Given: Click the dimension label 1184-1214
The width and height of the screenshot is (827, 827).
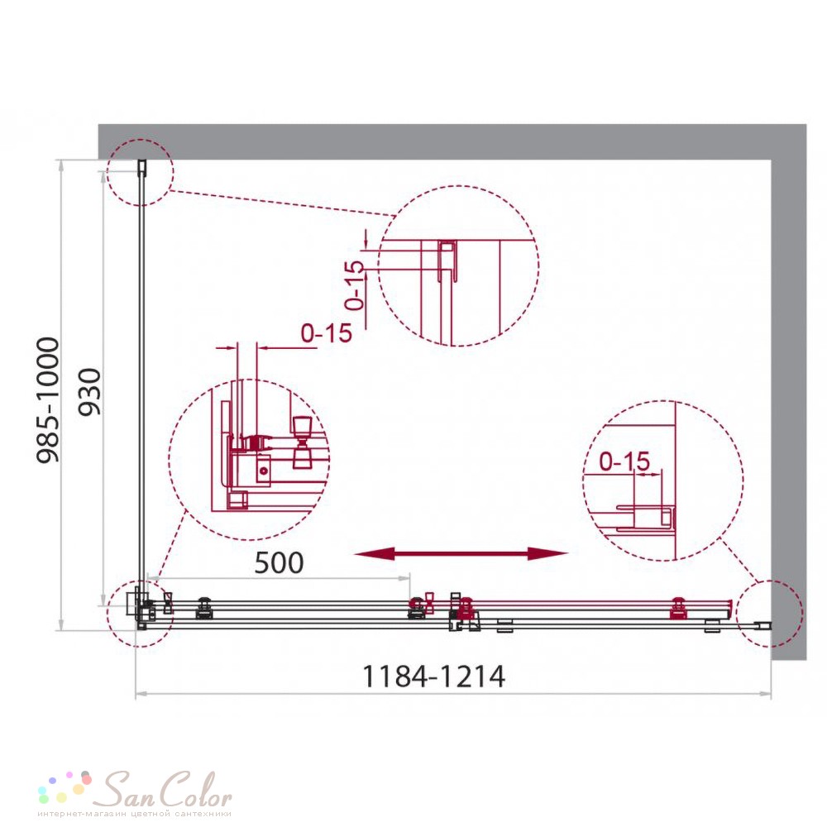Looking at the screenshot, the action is (x=433, y=676).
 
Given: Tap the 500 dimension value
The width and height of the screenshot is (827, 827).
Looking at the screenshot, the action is (x=279, y=562).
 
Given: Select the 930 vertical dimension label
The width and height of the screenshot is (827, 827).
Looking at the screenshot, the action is (x=89, y=392).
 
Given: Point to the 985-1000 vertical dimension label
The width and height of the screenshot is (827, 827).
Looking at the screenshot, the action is (x=48, y=399).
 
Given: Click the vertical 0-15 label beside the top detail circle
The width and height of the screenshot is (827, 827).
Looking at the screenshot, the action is (x=356, y=284).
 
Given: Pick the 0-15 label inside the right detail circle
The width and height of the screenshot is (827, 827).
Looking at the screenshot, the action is (x=624, y=461).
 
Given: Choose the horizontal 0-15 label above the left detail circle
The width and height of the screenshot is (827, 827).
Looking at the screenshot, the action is (x=327, y=332).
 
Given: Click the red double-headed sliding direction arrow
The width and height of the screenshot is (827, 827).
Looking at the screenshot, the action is (x=461, y=553).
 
